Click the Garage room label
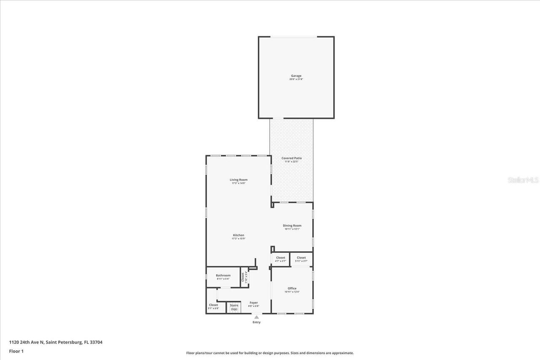pos(296,76)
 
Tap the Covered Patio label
pos(292,158)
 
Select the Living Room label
pos(238,180)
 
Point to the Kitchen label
pos(238,235)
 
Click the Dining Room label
pos(292,226)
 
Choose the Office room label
pos(292,288)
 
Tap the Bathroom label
pos(223,275)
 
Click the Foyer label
pos(254,303)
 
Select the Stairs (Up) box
pos(234,307)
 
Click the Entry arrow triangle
pos(256,317)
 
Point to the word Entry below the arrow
pos(256,322)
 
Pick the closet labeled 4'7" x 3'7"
pos(281,259)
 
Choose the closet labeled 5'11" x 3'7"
pos(301,259)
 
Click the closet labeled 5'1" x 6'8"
pos(213,306)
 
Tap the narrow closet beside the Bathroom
pos(244,277)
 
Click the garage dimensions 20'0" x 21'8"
pos(296,79)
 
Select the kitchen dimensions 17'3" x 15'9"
pos(238,239)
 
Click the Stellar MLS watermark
pos(523,180)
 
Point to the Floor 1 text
pos(16,351)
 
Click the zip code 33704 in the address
pos(96,342)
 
